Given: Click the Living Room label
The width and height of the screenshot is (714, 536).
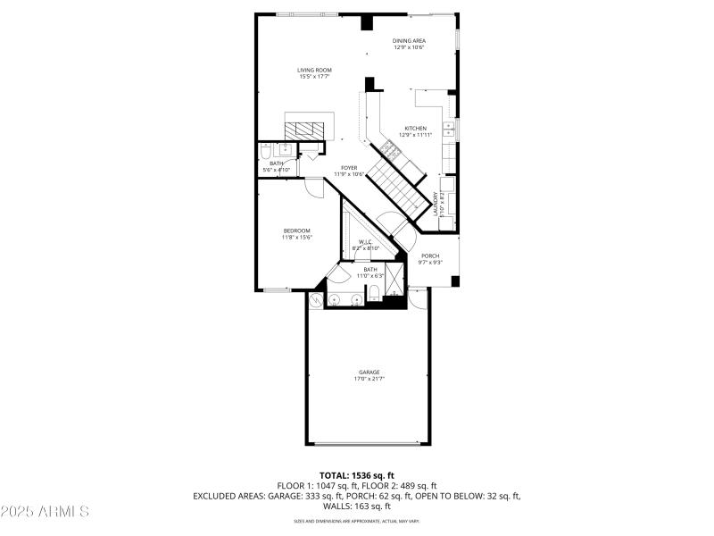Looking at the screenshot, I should coord(315,70).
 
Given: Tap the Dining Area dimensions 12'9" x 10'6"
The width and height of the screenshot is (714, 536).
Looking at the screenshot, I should coord(409,47).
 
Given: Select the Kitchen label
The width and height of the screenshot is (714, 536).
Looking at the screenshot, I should coord(416,128).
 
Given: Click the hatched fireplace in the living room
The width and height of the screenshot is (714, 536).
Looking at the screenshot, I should coord(310,127).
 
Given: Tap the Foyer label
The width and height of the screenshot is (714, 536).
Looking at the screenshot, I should coord(348,167).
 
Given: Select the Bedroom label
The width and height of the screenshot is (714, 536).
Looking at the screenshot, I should coord(296,230).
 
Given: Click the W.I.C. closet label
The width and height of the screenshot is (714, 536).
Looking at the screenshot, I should coord(366,241).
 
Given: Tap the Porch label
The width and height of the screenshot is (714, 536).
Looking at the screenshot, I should coord(430,255).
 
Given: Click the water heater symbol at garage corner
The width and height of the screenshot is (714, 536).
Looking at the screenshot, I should coord(316,303).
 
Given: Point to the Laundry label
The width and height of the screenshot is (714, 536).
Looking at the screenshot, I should coord(436,204).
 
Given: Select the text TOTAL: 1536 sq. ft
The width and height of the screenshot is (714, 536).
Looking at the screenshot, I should coord(357,474).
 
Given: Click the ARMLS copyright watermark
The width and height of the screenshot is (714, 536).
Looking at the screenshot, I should coord(46,512).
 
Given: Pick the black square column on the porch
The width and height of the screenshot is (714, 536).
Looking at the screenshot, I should coord(455,281).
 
